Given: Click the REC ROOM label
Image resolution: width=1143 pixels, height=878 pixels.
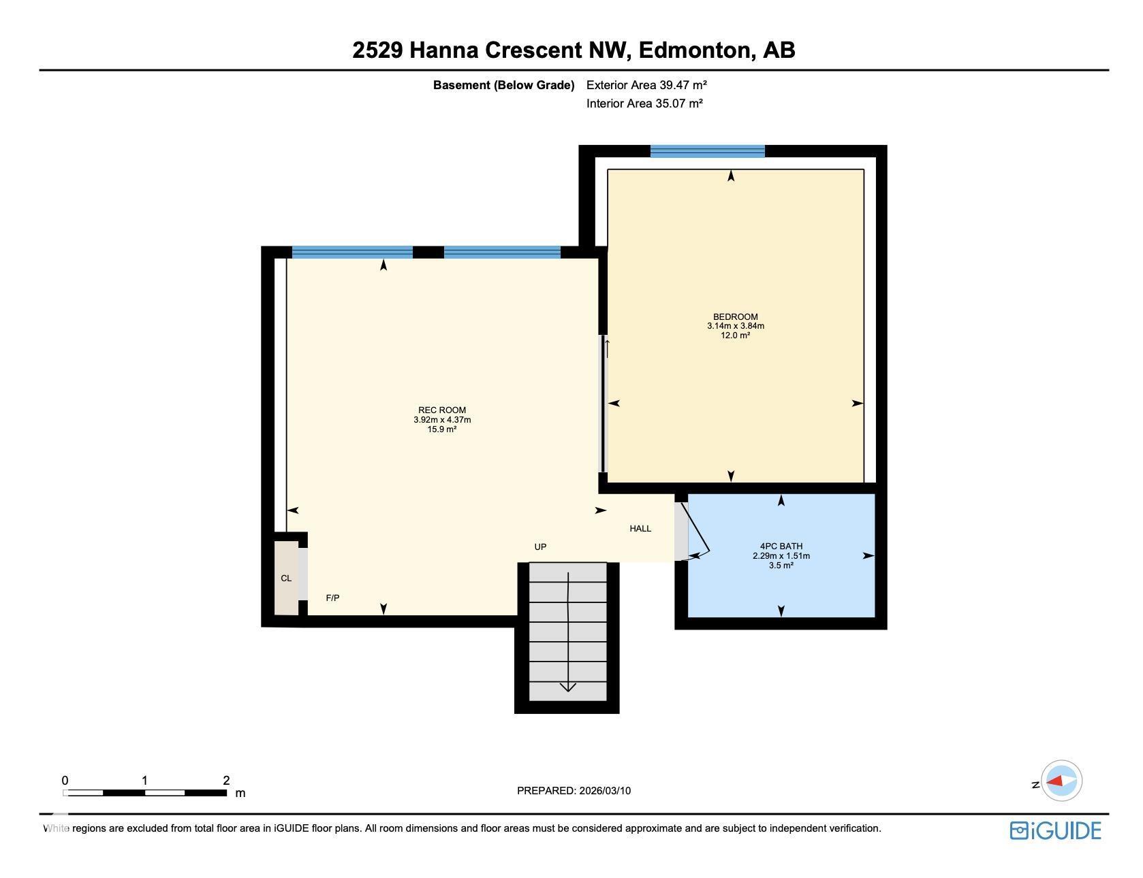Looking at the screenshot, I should (442, 410).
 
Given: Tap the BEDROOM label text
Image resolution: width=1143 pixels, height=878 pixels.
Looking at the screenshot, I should (735, 316).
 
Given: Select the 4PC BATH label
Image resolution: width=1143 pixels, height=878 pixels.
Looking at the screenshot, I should (781, 546).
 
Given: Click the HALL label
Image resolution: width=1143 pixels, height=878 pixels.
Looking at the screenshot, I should (640, 529).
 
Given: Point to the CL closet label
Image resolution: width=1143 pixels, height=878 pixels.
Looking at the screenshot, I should (286, 579).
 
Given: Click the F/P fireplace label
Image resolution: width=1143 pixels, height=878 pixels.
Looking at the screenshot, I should (332, 598).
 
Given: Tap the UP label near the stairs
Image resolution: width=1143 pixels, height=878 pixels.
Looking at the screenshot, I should (540, 547).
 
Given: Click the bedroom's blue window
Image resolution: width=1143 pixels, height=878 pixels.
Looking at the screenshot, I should (707, 151).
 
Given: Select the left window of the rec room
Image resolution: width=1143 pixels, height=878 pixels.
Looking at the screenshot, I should (352, 253).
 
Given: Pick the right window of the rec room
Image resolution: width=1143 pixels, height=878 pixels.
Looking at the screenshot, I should (502, 253).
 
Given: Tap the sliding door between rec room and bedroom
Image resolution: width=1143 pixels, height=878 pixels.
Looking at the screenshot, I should (604, 403).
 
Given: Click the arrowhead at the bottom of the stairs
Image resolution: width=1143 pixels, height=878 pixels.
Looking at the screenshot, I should (568, 687).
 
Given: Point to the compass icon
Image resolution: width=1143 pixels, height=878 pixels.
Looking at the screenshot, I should (1061, 781).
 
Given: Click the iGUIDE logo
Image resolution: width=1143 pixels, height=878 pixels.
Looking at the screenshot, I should (1055, 831).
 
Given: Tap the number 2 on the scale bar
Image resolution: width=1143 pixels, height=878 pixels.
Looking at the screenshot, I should (226, 781).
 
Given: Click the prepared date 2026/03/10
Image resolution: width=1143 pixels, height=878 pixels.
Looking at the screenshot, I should (605, 791).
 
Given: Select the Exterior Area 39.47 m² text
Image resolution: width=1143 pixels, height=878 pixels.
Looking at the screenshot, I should (646, 85).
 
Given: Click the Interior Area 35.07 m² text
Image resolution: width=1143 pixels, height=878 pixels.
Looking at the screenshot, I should (644, 103).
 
